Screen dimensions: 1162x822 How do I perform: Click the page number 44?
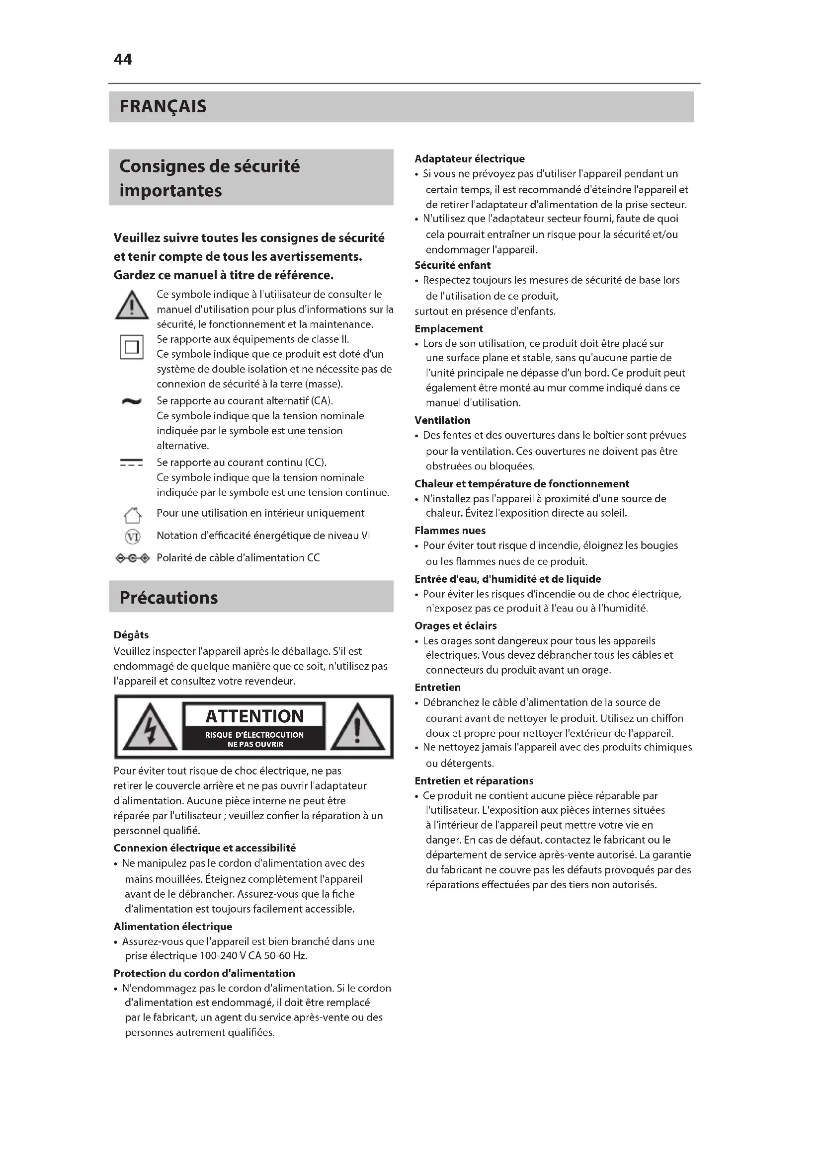[x=122, y=60]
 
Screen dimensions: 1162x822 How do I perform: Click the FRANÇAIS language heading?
[x=163, y=107]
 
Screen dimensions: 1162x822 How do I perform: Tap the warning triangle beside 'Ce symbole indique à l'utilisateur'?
[x=132, y=306]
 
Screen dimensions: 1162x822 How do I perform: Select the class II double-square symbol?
[x=132, y=347]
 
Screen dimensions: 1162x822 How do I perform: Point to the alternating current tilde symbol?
[x=132, y=402]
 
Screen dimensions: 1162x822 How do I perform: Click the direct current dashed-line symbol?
[x=132, y=463]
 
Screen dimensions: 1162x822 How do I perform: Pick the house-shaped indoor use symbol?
[x=132, y=515]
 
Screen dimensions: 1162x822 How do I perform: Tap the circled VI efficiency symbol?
[x=132, y=537]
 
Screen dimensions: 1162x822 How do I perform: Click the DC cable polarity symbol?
[x=133, y=558]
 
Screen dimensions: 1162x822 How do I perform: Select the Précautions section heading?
[x=168, y=598]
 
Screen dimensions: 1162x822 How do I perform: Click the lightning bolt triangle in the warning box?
[x=150, y=728]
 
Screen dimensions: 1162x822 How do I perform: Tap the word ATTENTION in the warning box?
[x=254, y=717]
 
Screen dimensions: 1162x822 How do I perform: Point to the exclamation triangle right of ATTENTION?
[x=357, y=728]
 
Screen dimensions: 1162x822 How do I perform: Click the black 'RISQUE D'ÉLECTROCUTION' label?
[x=254, y=739]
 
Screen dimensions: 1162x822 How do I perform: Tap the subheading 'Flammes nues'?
[x=450, y=531]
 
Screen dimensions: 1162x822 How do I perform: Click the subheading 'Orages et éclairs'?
[x=456, y=625]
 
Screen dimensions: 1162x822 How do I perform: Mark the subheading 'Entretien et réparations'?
[x=474, y=781]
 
